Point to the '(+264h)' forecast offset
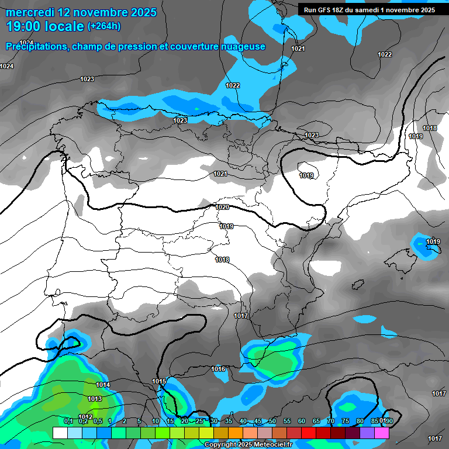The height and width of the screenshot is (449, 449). (103, 26)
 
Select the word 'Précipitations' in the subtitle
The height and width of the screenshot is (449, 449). (34, 46)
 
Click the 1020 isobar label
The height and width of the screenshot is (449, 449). (222, 207)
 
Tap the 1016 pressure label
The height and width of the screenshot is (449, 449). (219, 369)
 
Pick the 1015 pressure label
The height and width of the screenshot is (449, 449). (159, 381)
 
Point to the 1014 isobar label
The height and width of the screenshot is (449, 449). (103, 385)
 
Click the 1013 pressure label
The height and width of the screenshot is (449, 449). (95, 399)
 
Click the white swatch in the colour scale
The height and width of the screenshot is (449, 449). (60, 433)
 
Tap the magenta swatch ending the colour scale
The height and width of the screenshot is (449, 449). (382, 433)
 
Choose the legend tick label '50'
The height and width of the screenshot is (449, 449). (272, 421)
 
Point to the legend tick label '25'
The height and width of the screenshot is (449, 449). (199, 421)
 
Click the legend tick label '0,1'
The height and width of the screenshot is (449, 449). (68, 421)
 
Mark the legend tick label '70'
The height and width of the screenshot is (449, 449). (331, 421)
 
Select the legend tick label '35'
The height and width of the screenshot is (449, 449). (229, 421)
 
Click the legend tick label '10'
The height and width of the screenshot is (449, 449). (156, 421)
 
